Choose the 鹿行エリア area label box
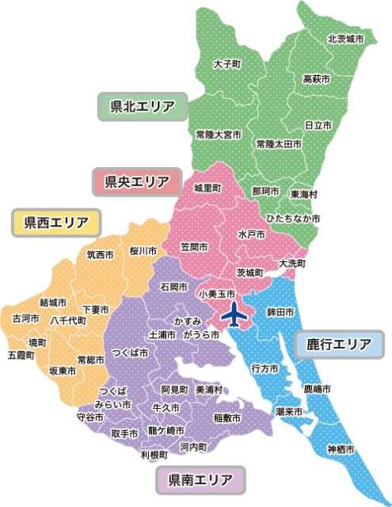tap(339, 345)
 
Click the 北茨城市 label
tap(346, 38)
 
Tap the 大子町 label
tap(227, 63)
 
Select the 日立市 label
tap(318, 125)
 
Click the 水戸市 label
tap(252, 235)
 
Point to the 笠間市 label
tap(194, 247)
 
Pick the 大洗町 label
tap(292, 262)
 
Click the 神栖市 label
tap(341, 450)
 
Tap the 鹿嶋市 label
tap(317, 390)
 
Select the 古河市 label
tap(25, 318)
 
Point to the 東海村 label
tap(304, 193)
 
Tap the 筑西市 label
tap(101, 255)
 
